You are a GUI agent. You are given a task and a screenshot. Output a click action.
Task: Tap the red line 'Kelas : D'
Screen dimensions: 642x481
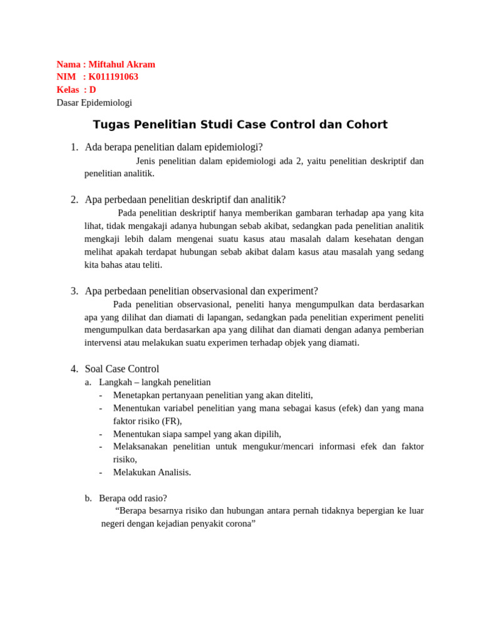click(x=76, y=90)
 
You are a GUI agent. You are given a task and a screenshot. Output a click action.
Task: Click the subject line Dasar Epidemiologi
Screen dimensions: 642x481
click(x=94, y=103)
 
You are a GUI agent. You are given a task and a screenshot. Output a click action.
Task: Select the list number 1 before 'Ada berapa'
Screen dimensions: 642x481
click(x=74, y=147)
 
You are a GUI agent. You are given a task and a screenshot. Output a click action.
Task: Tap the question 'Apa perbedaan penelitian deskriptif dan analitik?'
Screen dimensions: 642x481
click(x=185, y=200)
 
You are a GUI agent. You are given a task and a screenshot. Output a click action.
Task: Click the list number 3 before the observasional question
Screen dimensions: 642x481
click(x=74, y=291)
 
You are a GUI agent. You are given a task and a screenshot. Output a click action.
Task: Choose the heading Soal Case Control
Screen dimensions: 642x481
click(x=122, y=369)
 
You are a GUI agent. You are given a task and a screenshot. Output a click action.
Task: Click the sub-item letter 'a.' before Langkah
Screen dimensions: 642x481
click(x=88, y=382)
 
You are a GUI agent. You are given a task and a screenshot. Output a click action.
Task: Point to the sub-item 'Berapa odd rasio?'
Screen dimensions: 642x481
click(x=133, y=498)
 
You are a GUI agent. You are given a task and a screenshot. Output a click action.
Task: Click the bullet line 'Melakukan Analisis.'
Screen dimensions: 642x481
click(x=152, y=473)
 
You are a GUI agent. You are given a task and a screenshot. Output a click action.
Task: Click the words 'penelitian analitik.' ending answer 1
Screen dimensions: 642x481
click(x=119, y=174)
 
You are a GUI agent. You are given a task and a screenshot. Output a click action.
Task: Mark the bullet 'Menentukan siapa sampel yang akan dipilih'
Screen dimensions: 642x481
click(x=197, y=434)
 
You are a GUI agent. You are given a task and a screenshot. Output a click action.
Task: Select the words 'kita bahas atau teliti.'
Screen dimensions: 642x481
click(x=123, y=265)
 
